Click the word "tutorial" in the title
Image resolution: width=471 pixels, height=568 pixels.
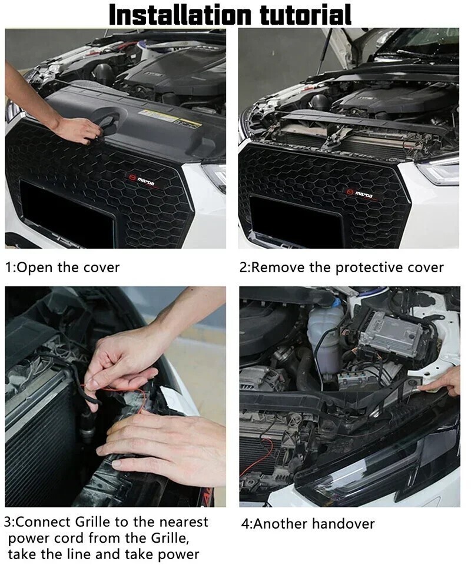click(x=306, y=15)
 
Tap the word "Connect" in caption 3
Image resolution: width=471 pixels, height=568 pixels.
click(x=44, y=522)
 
